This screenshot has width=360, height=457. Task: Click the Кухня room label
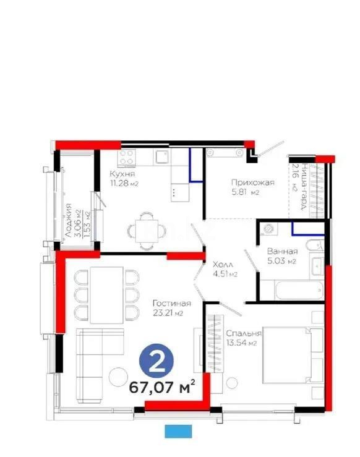click(x=121, y=174)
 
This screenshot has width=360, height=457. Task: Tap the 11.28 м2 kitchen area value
click(x=124, y=184)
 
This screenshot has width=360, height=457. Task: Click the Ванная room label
click(x=283, y=252)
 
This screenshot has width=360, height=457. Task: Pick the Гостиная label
click(x=171, y=303)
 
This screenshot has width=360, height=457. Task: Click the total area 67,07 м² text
click(x=162, y=388)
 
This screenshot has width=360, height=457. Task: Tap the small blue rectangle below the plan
click(x=179, y=431)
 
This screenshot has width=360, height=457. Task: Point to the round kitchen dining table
click(x=147, y=230)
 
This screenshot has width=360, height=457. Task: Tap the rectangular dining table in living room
click(x=106, y=294)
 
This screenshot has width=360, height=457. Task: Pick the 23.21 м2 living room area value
click(x=171, y=313)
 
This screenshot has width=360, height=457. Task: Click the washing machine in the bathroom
click(x=269, y=229)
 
